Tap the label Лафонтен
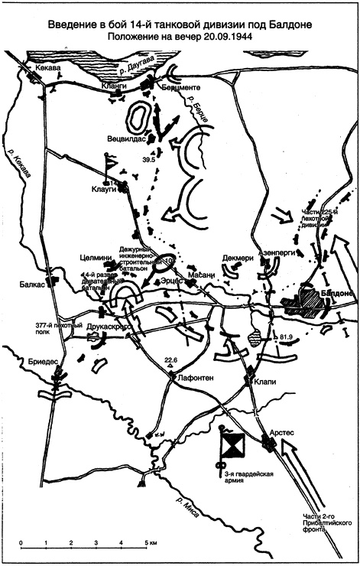(x=180, y=376)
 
